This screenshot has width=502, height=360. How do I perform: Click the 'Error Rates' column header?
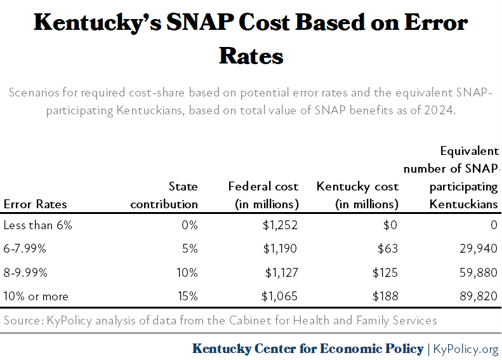coord(35,204)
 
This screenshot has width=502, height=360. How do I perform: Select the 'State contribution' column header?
coord(164,196)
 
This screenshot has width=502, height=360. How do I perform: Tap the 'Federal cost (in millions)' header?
coord(263,196)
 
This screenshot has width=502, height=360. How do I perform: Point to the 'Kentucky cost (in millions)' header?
coord(357,196)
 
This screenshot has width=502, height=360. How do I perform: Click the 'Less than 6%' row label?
coord(37,225)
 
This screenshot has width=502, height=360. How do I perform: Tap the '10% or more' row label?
coord(36,297)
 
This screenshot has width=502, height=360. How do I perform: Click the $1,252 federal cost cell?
coord(281,225)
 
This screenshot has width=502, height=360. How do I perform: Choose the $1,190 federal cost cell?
coord(281,248)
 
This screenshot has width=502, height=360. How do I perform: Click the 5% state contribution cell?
coord(190,248)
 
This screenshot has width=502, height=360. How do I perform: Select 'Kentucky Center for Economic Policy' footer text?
coord(308,349)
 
